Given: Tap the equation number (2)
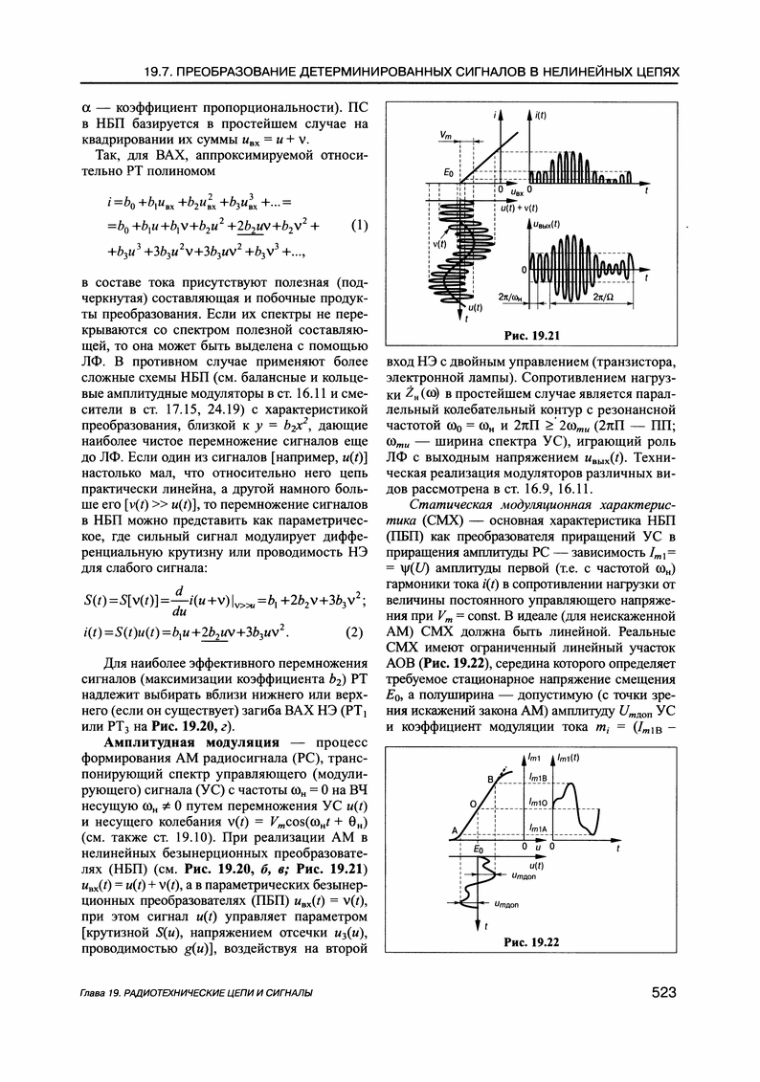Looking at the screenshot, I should coord(354,632).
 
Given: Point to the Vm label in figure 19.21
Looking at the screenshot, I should coord(447,135).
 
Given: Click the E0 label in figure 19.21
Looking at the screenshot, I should coord(449,170).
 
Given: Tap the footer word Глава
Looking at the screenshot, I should coord(98,995).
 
